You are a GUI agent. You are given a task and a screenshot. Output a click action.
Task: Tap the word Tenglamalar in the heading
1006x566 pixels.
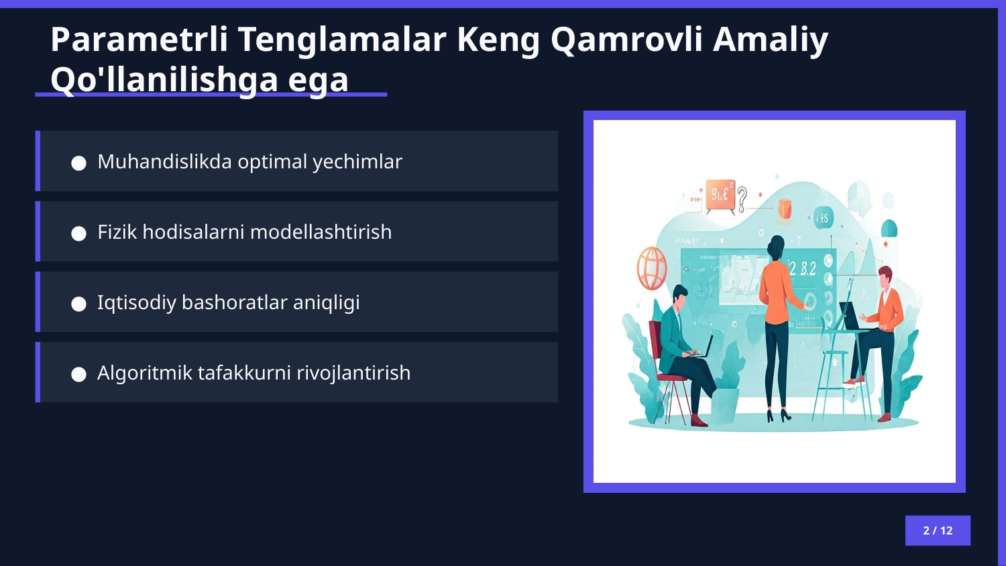(342, 40)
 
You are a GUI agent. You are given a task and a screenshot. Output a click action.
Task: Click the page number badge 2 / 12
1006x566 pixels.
(938, 530)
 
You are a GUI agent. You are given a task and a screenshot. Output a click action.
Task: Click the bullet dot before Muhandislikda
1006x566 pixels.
(79, 163)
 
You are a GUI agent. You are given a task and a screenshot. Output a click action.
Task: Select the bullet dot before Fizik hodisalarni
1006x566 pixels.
(79, 233)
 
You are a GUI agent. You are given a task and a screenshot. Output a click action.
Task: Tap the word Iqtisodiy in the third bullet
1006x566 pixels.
(135, 302)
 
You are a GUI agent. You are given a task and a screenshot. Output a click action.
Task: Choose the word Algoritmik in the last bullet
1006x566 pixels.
(144, 373)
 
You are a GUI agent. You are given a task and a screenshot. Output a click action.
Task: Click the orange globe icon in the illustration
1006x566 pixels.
(651, 268)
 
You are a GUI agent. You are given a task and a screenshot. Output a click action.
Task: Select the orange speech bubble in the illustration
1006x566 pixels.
(720, 195)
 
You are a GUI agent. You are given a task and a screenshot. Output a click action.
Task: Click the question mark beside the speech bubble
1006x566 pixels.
(742, 199)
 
